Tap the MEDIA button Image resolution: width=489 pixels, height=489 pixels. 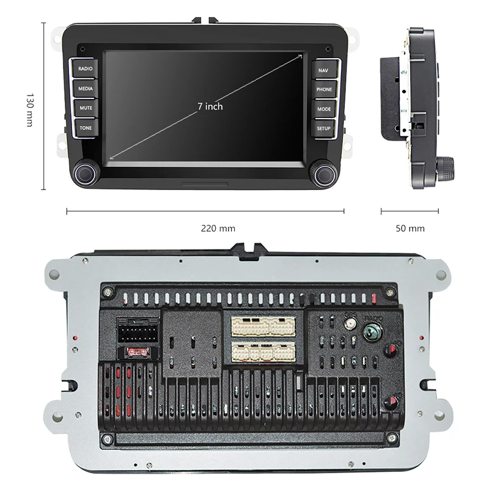85,89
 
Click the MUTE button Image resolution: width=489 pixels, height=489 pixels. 85,108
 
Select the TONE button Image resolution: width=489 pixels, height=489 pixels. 85,128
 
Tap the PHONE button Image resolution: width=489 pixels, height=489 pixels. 323,89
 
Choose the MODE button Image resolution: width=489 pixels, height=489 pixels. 323,109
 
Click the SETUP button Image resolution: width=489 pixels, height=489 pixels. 323,128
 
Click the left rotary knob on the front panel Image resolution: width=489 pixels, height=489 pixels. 84,173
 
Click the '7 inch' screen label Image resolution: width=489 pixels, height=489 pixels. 210,106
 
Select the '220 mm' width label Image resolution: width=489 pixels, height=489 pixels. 218,229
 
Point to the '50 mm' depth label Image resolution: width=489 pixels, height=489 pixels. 410,229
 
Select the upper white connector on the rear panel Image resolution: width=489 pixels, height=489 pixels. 262,325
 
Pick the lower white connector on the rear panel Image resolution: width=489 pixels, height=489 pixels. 262,351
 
